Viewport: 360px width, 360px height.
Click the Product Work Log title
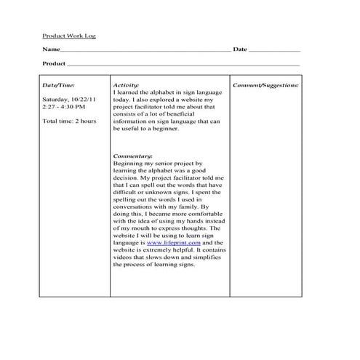[68, 35]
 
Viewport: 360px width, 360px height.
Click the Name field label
[50, 49]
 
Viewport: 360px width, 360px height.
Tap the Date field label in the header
[240, 49]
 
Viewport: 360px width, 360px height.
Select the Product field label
[55, 64]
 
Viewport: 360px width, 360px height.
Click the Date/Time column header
[59, 85]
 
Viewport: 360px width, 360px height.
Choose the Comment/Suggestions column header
[265, 85]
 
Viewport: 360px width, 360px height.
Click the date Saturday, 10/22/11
[71, 99]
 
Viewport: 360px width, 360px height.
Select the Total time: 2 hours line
[69, 121]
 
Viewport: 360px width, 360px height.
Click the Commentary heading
[133, 156]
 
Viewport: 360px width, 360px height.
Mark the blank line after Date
[274, 51]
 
